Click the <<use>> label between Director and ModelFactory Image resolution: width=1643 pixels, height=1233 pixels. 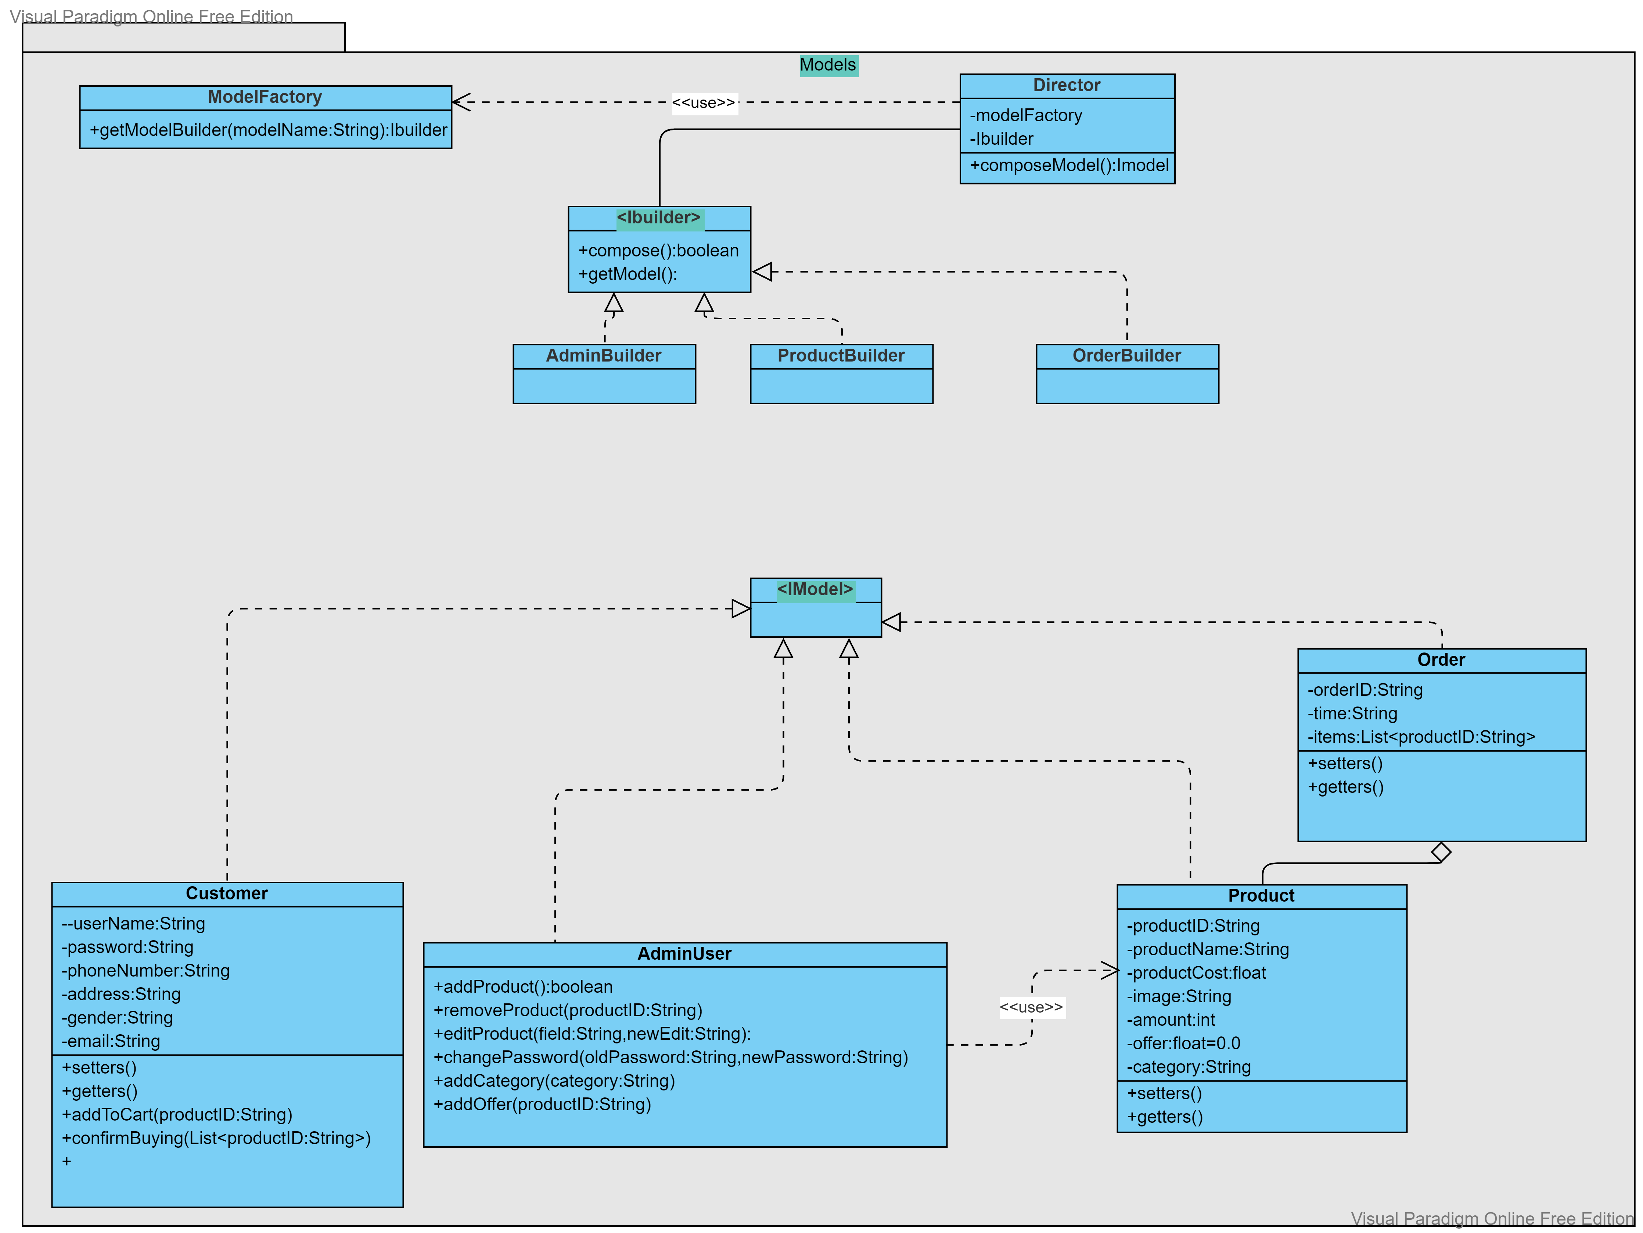[704, 103]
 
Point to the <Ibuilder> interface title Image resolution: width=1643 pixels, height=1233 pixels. [659, 218]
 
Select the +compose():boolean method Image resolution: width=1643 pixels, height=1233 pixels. [658, 251]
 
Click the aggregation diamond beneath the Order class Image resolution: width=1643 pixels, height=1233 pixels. [1441, 852]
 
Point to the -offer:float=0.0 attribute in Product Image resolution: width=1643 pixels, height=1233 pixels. [1183, 1043]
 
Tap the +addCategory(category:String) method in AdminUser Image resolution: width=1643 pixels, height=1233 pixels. [554, 1081]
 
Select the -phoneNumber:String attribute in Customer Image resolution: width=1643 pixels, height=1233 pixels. [145, 971]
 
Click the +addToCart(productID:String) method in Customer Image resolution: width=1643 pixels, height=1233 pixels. [177, 1115]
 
